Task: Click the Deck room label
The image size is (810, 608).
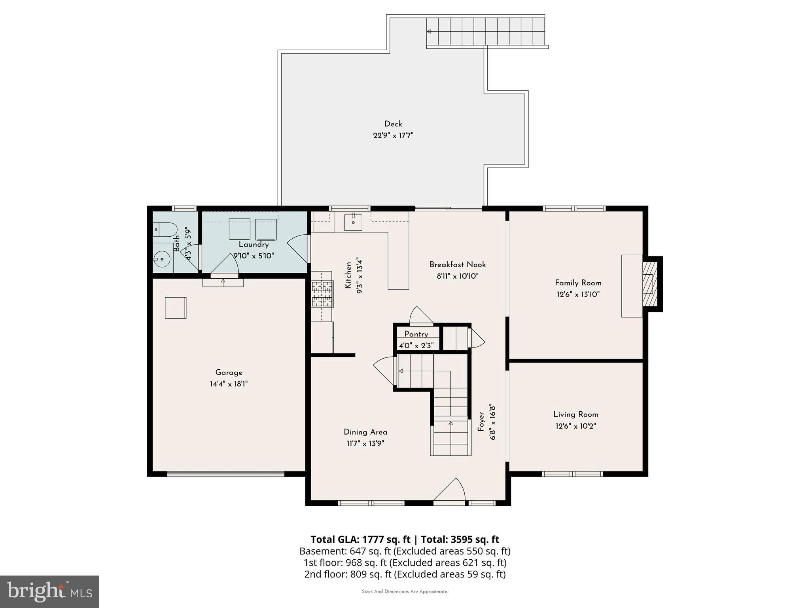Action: coord(393,124)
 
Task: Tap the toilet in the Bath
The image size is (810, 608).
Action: coord(165,228)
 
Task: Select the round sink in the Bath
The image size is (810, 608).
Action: coord(162,259)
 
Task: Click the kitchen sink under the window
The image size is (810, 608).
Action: coord(353,222)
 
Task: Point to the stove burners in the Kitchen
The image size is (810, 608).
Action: coord(322,294)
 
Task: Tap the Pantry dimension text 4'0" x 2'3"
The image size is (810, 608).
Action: coord(416,346)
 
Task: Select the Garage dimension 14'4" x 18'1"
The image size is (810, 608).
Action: coord(229,384)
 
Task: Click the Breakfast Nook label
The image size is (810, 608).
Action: coord(458,264)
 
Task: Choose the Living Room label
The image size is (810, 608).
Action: coord(575,414)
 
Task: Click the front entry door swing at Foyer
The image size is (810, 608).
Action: coord(451,491)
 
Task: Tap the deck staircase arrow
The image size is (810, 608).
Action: coord(429,31)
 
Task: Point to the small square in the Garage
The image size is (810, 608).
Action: coord(175,308)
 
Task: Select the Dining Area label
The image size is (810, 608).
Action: coord(365,432)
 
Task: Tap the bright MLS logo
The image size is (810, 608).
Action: coord(49,592)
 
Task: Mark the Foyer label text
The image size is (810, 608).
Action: coord(481,422)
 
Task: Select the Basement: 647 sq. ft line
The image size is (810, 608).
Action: coord(405,551)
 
